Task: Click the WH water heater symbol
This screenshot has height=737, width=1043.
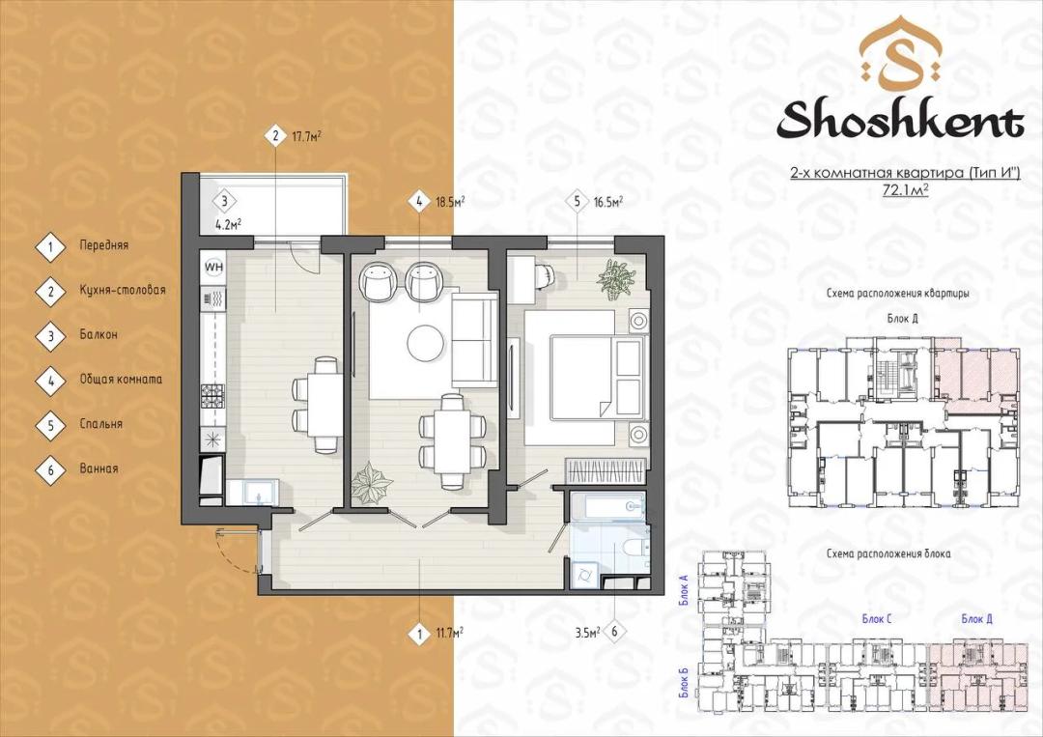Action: tap(213, 267)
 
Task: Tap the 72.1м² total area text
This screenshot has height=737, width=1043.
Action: tap(905, 189)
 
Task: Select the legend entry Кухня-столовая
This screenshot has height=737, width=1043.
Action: tap(123, 290)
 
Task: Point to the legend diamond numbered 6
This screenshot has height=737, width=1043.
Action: tap(50, 469)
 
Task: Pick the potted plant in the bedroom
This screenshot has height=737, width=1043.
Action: tap(617, 277)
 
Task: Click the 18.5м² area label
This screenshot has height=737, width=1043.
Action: tap(450, 202)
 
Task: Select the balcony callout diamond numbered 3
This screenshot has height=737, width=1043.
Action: tap(225, 201)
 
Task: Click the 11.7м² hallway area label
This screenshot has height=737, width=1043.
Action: tap(450, 633)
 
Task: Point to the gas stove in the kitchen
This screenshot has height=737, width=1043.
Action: tap(212, 396)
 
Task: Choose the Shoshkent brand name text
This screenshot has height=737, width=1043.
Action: tap(900, 122)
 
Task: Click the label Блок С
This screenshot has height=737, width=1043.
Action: tap(877, 619)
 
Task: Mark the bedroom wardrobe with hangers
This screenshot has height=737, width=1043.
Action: tap(606, 471)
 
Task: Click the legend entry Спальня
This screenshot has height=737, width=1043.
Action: tap(101, 424)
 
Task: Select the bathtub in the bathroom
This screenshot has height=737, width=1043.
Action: tap(606, 507)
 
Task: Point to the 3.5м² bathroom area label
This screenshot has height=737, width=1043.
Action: tap(588, 633)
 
